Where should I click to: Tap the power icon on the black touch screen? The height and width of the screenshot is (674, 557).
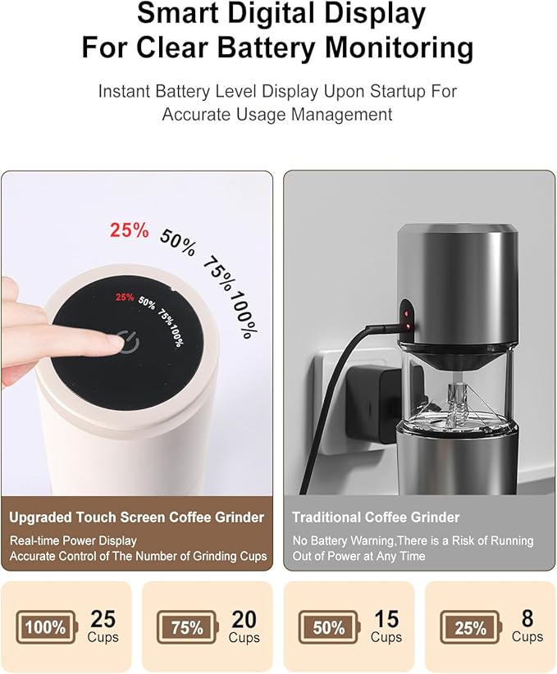coord(129,343)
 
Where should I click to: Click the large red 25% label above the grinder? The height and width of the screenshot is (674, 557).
coord(130,230)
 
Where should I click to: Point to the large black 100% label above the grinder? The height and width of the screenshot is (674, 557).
coord(244,315)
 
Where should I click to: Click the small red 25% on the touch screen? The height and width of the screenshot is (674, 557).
coord(125,297)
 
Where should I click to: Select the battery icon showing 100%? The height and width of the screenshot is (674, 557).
coord(47,627)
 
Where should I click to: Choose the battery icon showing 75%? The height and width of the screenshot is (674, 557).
coord(188,627)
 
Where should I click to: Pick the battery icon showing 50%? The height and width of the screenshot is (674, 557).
coord(330,627)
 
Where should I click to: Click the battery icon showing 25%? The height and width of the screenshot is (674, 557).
coord(471,627)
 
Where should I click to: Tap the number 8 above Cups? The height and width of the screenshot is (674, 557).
coord(527,618)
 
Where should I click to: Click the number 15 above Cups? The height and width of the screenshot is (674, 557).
coord(386,619)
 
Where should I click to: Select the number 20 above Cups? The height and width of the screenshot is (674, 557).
coord(244,619)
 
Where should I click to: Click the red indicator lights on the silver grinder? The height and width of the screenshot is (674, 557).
coord(407,321)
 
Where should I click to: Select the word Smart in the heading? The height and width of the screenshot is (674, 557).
coord(177,13)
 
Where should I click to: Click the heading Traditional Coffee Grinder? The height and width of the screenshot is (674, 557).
coord(376,517)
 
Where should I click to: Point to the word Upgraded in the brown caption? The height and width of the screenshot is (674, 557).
coord(41,517)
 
